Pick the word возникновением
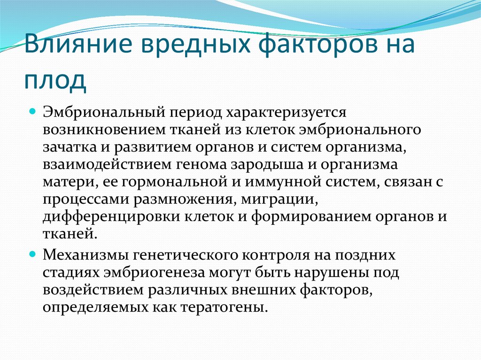tap(104, 130)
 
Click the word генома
tap(201, 164)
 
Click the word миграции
tap(279, 200)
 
